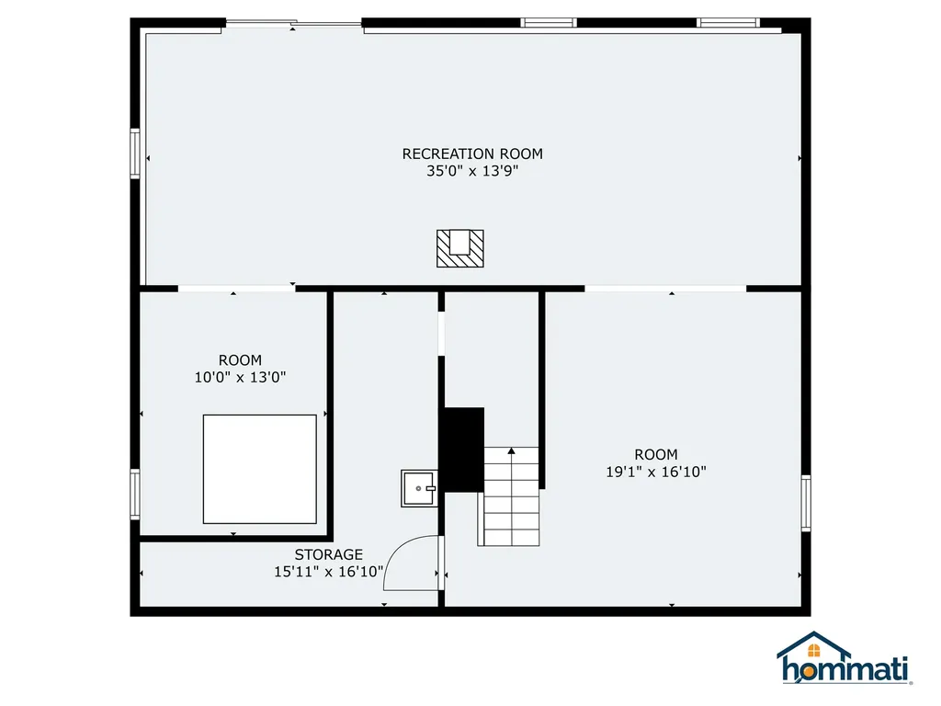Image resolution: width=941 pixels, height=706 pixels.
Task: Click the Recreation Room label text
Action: [x=472, y=154]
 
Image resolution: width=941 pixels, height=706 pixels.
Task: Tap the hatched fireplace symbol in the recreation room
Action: [x=459, y=248]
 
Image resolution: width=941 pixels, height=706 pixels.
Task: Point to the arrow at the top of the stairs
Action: [x=511, y=451]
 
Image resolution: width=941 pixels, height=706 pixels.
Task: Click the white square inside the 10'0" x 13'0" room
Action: [x=259, y=469]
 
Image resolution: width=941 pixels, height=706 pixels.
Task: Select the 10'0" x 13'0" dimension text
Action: [x=240, y=377]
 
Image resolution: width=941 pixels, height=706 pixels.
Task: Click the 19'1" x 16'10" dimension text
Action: [x=656, y=471]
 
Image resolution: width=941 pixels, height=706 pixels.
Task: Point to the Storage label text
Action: [x=328, y=554]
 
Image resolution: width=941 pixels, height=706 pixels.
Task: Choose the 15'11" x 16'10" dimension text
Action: [x=328, y=571]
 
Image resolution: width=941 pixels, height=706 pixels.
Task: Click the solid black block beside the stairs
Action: [x=464, y=449]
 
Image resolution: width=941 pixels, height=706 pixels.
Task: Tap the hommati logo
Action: [x=844, y=660]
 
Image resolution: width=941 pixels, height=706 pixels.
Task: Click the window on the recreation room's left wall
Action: [x=135, y=153]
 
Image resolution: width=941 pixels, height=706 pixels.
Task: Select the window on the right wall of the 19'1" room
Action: [x=806, y=503]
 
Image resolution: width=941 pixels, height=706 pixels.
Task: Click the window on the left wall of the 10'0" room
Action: [x=135, y=494]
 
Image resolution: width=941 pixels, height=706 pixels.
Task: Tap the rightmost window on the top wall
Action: [x=728, y=23]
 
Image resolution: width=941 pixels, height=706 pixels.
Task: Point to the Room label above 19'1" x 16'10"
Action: [x=656, y=454]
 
